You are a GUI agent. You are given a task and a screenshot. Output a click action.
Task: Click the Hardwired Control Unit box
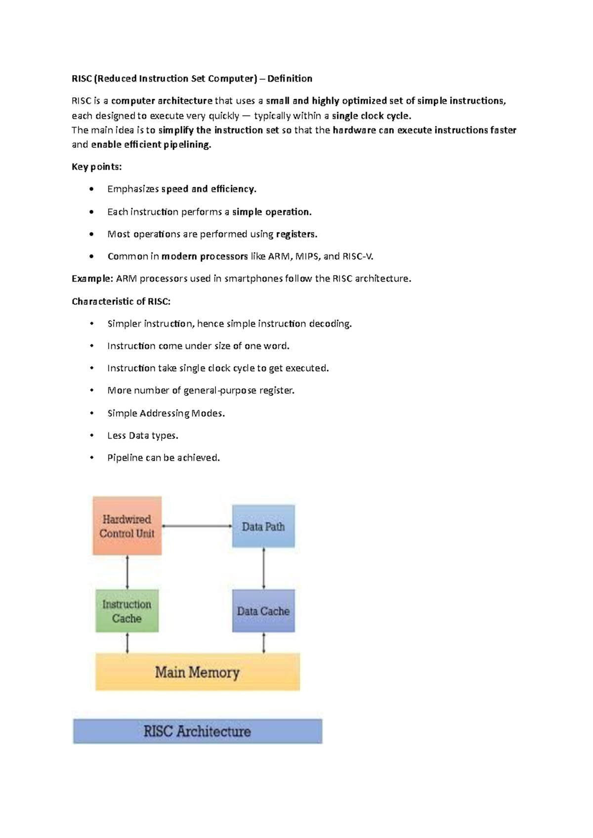click(x=127, y=526)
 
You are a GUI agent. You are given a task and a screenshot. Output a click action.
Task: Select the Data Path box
click(x=263, y=526)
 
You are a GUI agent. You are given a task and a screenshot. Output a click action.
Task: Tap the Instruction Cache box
click(x=127, y=611)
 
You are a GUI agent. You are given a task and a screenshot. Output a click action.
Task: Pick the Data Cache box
click(x=263, y=611)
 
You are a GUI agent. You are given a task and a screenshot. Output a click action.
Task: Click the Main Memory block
click(x=198, y=672)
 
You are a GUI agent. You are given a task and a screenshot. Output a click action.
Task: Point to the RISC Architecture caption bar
click(x=198, y=731)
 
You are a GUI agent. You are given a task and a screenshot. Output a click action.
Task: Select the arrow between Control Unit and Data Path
click(x=197, y=526)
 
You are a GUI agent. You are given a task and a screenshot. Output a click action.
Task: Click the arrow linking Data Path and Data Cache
click(x=263, y=568)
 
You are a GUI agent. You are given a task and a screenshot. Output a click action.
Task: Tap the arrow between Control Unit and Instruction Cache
click(x=127, y=572)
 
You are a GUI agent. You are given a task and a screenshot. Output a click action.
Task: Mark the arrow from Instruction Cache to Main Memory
click(x=127, y=643)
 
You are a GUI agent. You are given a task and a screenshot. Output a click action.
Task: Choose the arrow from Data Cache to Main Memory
click(x=263, y=643)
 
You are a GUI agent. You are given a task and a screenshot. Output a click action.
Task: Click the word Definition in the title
click(x=290, y=79)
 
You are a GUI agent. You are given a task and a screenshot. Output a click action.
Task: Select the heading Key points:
click(x=96, y=167)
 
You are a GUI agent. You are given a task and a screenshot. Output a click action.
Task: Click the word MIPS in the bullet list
click(x=307, y=256)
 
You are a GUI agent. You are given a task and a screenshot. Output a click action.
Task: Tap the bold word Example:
click(x=92, y=279)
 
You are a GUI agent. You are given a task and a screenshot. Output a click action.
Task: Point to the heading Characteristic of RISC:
click(x=121, y=301)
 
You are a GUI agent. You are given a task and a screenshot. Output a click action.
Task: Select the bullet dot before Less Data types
click(x=91, y=435)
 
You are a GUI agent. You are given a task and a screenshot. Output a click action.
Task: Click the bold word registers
click(x=296, y=234)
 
